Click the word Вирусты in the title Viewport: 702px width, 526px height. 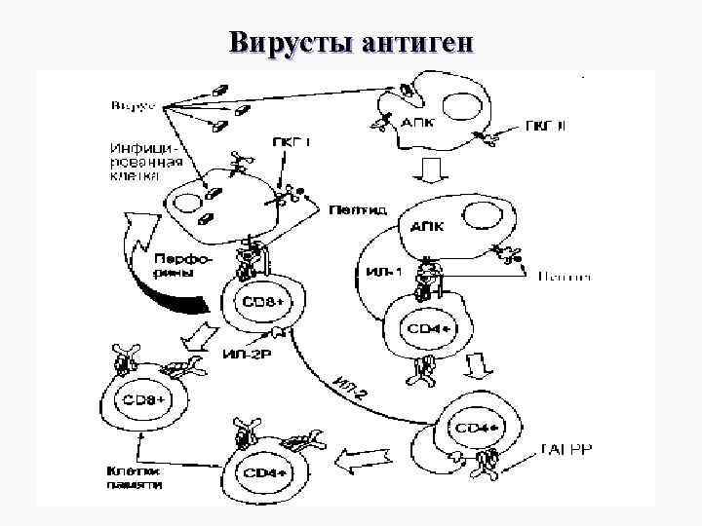pos(290,43)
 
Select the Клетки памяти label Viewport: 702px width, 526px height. pos(135,477)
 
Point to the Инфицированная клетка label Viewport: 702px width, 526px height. pos(139,162)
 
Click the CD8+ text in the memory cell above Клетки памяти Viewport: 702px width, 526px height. pos(142,399)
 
